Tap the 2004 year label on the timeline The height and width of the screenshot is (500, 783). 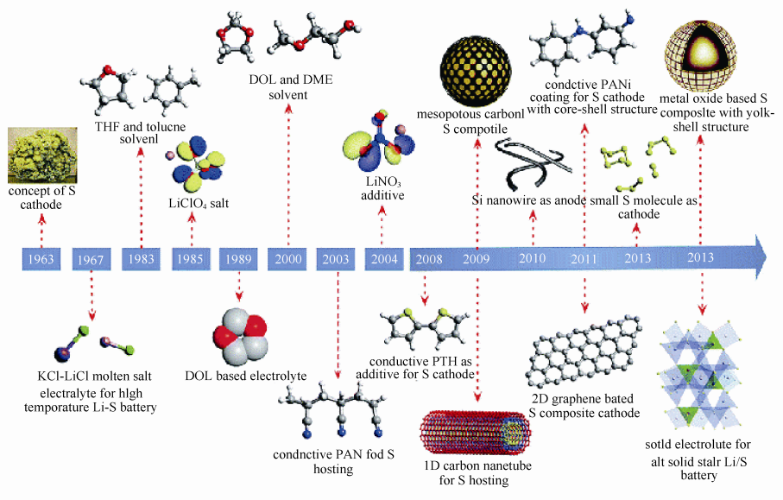tap(382, 258)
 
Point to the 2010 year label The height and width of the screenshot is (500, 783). tap(533, 258)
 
